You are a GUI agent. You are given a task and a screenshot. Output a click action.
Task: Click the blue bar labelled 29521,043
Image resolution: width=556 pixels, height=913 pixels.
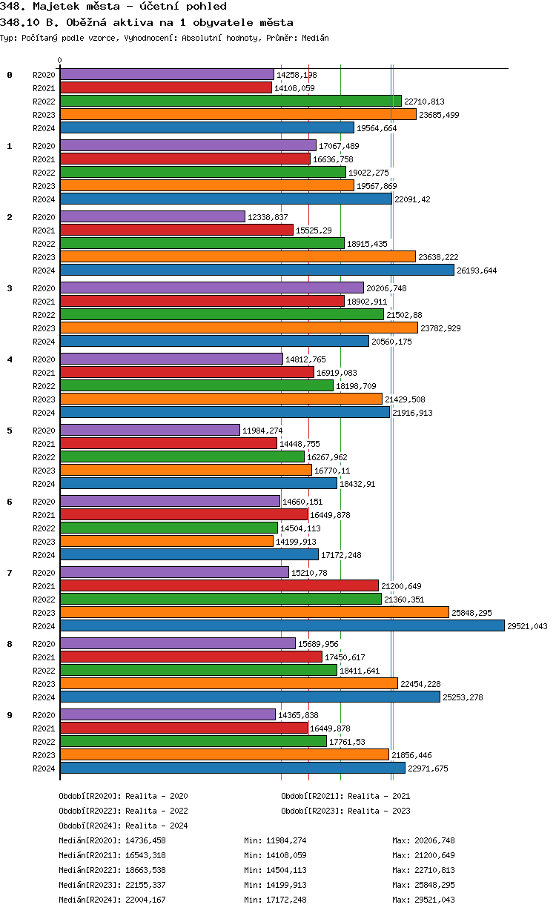coord(282,625)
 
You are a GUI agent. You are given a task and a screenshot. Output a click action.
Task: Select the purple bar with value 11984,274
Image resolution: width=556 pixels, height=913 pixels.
coord(150,430)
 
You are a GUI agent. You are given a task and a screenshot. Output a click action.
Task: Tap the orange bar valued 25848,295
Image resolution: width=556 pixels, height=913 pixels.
coord(254,612)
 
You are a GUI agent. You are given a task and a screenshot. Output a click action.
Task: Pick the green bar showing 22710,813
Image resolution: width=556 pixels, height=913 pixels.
coord(231,101)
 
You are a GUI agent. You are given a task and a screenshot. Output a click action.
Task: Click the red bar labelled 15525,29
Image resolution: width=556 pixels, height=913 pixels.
coord(176,230)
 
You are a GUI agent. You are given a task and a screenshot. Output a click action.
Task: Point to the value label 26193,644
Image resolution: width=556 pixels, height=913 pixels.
coord(477,270)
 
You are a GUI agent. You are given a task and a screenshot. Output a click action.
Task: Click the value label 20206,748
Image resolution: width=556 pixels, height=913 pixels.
coord(387,288)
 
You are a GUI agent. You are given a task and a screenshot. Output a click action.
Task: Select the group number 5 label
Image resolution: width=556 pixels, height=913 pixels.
coord(10,430)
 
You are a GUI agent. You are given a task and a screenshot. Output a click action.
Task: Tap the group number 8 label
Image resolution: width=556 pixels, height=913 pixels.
coord(10,643)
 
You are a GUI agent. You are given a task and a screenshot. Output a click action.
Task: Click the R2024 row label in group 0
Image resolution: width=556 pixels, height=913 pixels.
coord(44,128)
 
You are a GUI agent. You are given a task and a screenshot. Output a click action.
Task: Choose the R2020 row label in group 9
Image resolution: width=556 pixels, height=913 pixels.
coord(44,715)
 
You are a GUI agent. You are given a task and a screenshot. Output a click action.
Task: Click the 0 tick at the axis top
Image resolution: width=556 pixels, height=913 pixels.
coord(60,61)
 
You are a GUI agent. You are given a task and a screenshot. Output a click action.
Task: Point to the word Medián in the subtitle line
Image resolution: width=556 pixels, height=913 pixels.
coord(314,38)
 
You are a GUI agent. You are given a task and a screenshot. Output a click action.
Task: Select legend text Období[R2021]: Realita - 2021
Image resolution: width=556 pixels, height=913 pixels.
coord(345,796)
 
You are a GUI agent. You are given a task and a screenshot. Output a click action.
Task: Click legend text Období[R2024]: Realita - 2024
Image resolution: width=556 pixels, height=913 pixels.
coord(123,826)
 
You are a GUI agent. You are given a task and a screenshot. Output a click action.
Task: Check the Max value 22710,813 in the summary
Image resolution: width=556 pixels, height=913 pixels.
coord(437,870)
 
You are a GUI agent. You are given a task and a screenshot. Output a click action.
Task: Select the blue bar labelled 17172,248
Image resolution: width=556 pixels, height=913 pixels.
coord(189,554)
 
